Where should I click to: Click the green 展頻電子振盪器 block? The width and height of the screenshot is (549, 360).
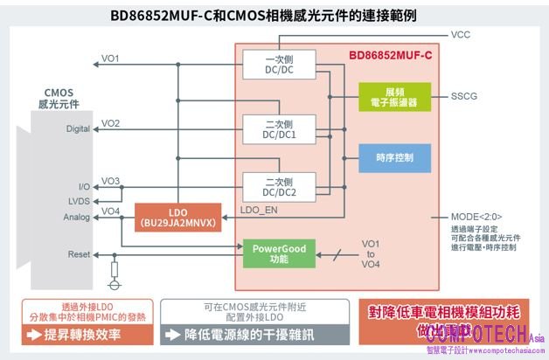(394, 97)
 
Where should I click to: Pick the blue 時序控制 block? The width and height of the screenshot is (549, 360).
(394, 157)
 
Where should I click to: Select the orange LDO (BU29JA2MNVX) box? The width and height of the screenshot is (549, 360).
(177, 217)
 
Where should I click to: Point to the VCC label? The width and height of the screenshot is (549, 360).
(461, 36)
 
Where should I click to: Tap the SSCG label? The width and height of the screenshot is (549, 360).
(465, 96)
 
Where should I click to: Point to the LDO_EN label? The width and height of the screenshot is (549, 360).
(258, 211)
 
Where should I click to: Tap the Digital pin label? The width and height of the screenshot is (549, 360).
(78, 129)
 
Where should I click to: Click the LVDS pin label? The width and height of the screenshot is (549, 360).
(79, 200)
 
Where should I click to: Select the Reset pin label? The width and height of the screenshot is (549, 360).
(79, 254)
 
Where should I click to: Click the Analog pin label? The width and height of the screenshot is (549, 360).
(77, 217)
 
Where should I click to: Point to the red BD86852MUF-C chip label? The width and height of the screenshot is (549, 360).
(390, 54)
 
